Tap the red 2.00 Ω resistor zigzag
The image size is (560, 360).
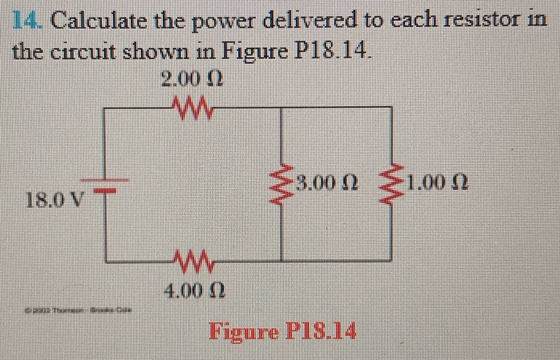[191, 109]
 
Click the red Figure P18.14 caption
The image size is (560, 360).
[282, 329]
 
